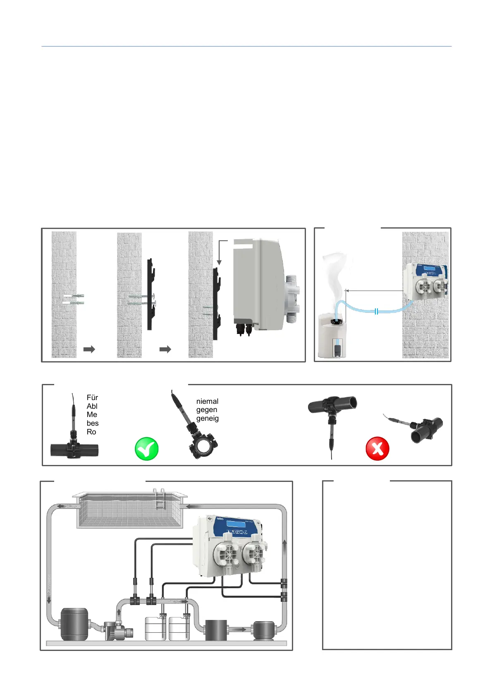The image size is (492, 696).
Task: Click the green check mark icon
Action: point(147,449)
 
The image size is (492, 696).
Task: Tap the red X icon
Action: point(377,448)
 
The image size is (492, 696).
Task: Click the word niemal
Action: point(207,401)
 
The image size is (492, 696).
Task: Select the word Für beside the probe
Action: point(92,398)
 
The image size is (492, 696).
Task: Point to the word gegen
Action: point(207,410)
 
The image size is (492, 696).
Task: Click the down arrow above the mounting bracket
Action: point(220,262)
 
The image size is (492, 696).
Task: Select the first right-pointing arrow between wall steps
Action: point(89,349)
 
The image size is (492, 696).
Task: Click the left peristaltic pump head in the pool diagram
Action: point(226,553)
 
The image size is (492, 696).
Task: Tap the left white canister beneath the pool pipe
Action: point(155,629)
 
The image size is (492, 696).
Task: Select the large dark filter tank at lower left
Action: point(74,624)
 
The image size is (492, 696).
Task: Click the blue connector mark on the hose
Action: point(376,311)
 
